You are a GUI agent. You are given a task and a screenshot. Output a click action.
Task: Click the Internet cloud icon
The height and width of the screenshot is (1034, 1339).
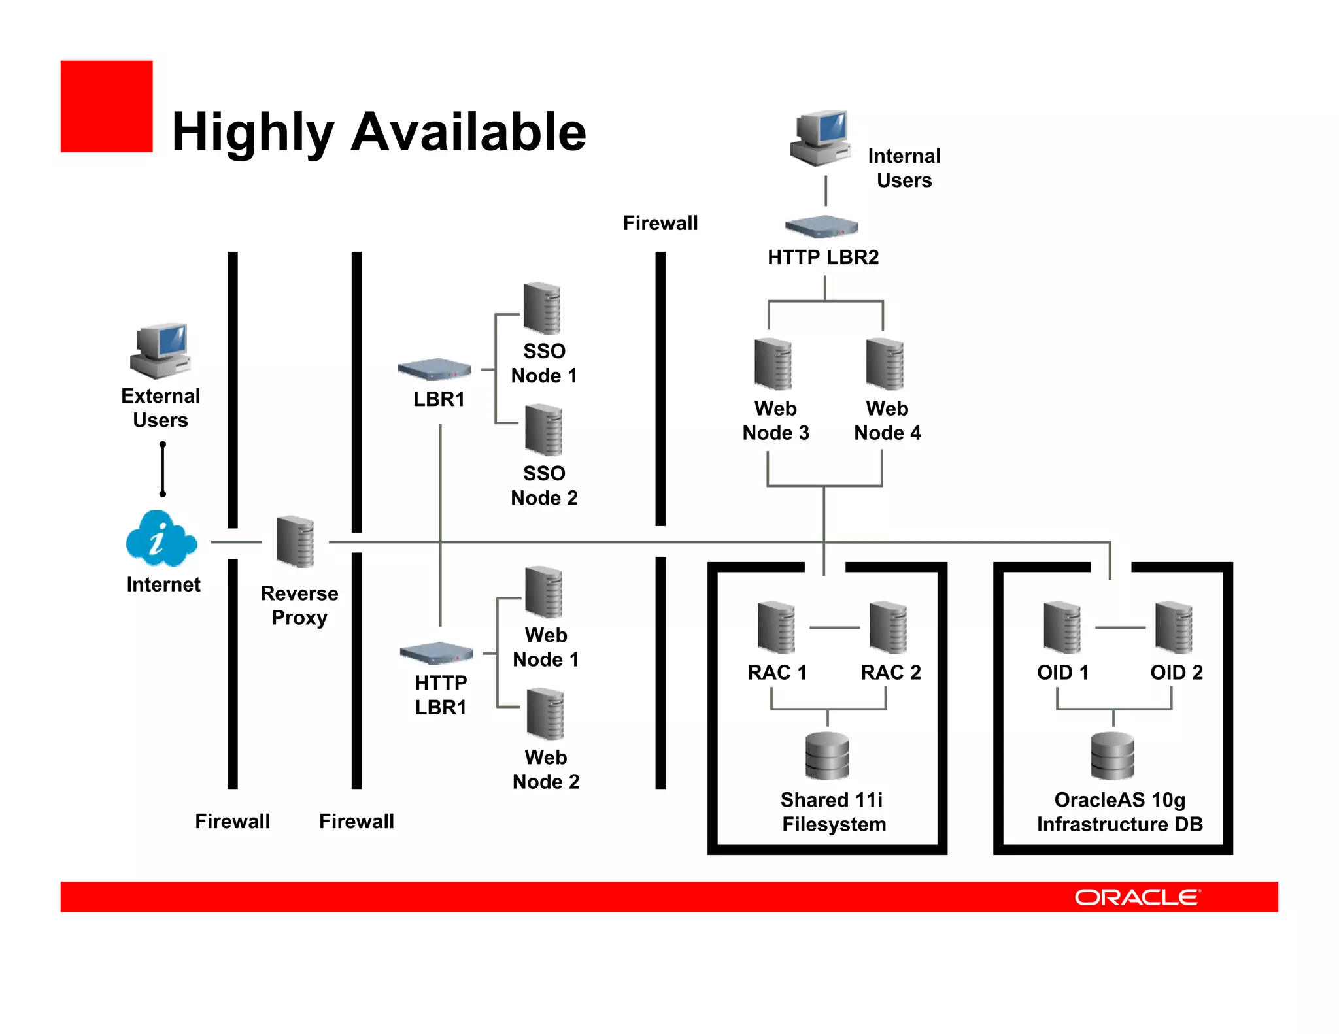tap(160, 539)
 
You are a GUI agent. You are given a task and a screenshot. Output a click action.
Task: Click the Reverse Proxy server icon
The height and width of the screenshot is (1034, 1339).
tap(296, 541)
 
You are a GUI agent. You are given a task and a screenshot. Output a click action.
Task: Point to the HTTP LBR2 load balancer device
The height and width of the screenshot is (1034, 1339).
tap(821, 226)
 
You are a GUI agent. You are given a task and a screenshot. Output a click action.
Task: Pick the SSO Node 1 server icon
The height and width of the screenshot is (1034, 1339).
tap(542, 308)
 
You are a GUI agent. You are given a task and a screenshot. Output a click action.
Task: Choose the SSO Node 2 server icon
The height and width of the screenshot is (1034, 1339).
tap(543, 429)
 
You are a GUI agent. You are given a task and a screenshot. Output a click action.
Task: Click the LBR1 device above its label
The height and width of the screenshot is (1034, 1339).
tap(435, 369)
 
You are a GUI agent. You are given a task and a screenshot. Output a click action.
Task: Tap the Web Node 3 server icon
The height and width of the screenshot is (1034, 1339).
tap(773, 364)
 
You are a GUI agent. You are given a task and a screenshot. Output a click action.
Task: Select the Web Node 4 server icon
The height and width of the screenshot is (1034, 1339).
tap(885, 364)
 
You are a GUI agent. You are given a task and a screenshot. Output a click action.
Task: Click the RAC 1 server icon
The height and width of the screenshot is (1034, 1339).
tap(776, 627)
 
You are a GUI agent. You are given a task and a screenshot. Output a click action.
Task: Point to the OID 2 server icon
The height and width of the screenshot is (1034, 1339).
tap(1174, 627)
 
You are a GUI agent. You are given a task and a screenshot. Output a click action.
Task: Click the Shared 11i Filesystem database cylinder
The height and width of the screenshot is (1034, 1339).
tap(827, 756)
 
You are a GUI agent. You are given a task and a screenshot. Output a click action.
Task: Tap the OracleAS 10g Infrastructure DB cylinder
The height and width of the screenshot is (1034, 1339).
tap(1113, 756)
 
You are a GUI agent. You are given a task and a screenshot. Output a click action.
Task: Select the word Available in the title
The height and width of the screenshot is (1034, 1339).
tap(468, 132)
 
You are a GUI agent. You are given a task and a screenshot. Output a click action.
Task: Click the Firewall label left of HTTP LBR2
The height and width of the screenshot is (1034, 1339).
tap(660, 223)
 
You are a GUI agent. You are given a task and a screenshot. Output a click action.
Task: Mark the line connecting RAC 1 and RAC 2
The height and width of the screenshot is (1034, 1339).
tap(834, 627)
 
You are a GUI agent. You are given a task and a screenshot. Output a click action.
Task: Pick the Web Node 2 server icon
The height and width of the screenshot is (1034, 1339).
tap(545, 714)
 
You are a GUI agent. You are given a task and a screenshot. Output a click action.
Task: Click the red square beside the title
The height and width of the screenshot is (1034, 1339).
tap(107, 107)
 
